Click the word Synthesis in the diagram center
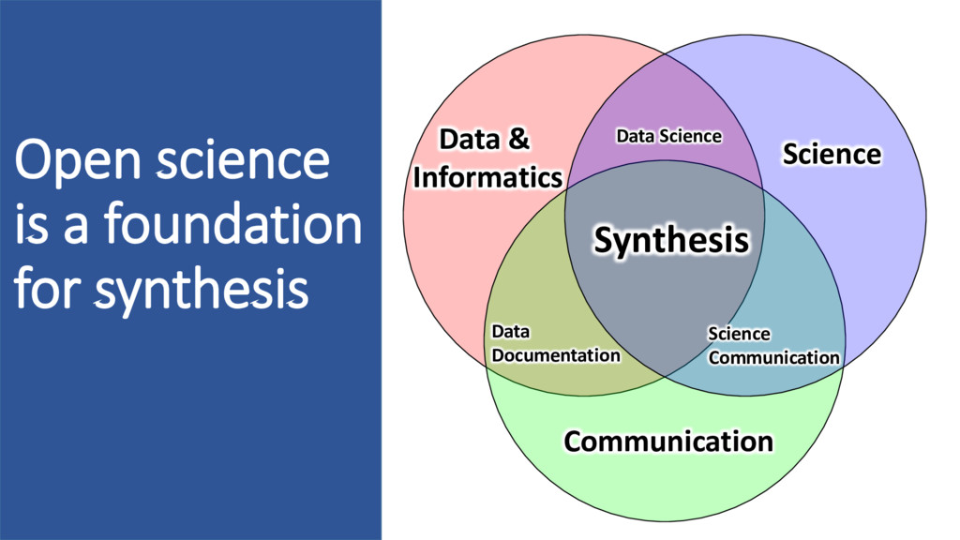pos(672,241)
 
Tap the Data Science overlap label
pos(668,136)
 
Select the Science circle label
pos(832,154)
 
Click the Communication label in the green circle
pos(668,441)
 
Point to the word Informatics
pos(487,177)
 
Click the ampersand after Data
pos(518,141)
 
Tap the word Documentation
pos(556,355)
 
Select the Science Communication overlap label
pos(772,346)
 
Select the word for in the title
pos(47,290)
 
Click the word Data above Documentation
pos(511,332)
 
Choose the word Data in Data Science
pos(635,136)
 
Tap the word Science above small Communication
pos(739,334)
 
